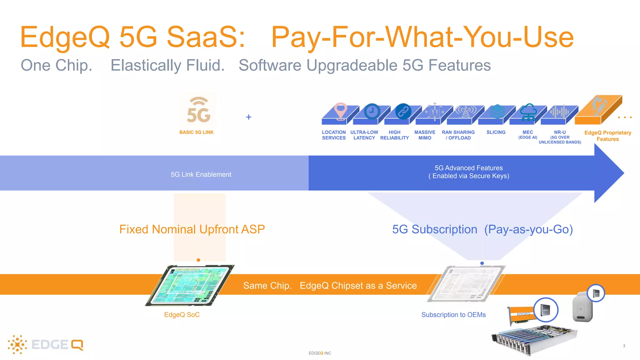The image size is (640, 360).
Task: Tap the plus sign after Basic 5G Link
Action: [x=249, y=117]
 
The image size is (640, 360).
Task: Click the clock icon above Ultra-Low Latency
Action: [x=372, y=111]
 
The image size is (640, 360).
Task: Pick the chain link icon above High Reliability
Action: [x=403, y=111]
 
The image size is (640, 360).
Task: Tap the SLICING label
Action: [x=496, y=132]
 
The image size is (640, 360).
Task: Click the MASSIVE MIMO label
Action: [x=425, y=135]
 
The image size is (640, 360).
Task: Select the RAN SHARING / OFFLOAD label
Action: [x=458, y=135]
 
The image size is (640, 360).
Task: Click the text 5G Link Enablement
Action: [x=201, y=175]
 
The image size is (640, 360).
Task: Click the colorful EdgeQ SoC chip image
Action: [x=189, y=285]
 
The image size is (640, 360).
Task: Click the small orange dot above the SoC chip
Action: [x=198, y=260]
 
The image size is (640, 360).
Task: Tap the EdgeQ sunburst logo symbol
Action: [x=17, y=345]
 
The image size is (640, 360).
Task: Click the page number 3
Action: [x=624, y=346]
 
